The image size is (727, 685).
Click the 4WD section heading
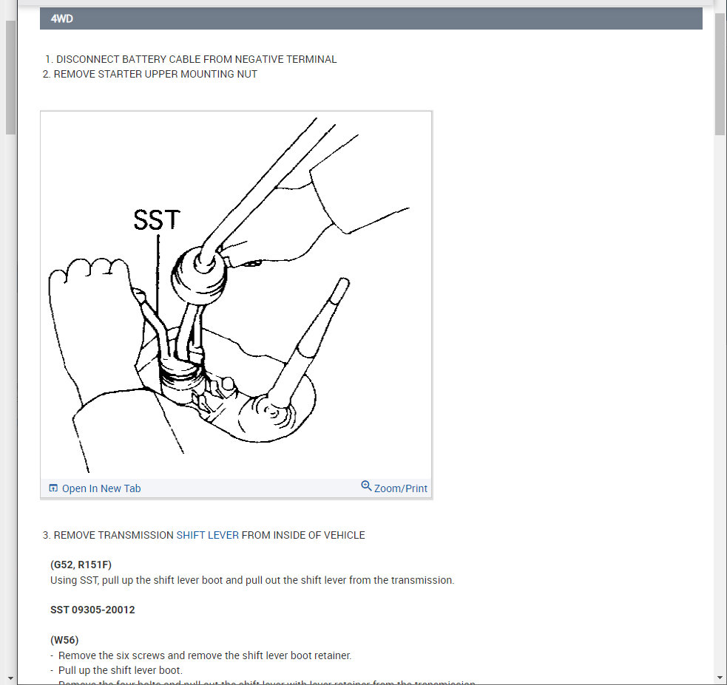[62, 19]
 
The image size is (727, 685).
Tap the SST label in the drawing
[156, 219]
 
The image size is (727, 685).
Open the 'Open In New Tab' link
[101, 488]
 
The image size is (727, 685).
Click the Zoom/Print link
[400, 488]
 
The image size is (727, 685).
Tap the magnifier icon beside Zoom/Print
[366, 486]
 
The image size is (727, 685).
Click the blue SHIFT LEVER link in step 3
[208, 535]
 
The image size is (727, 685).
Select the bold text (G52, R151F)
[81, 565]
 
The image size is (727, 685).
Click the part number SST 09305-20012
[92, 610]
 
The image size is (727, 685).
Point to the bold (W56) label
[64, 640]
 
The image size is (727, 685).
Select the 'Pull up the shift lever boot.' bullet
[120, 670]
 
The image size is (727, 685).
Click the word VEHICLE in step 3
[341, 535]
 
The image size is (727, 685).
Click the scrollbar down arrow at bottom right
[720, 678]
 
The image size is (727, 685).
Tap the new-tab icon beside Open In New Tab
[53, 488]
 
